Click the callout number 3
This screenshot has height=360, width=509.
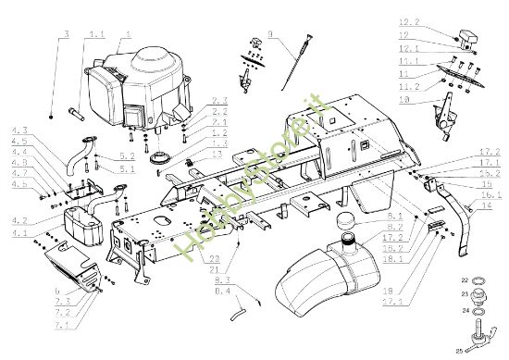tap(67, 34)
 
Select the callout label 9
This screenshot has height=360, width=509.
tap(271, 34)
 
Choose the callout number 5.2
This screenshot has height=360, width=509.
tap(128, 157)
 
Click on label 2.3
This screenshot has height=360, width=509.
tap(219, 100)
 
